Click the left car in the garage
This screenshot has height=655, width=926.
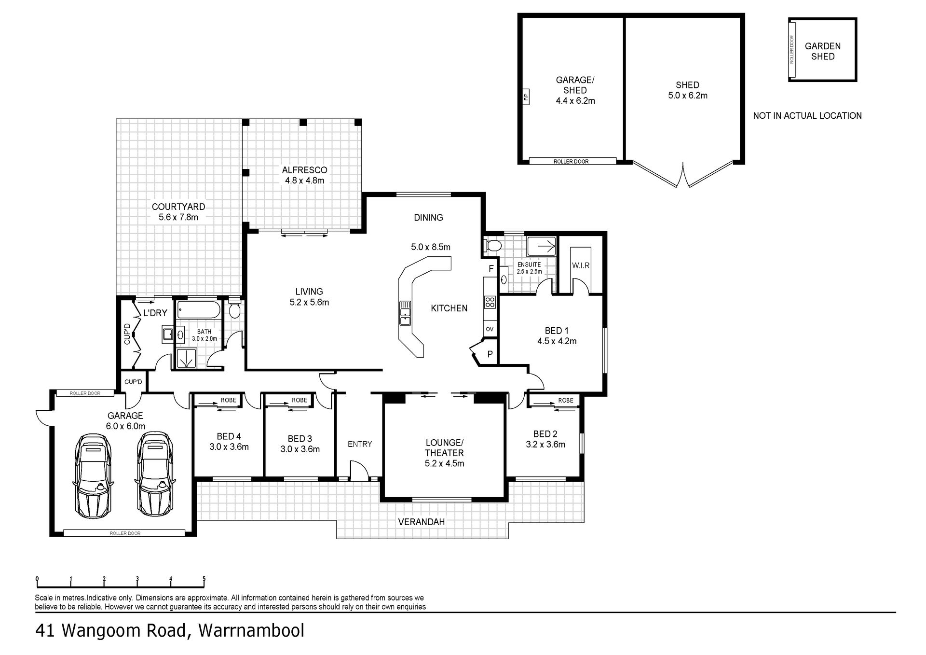(93, 475)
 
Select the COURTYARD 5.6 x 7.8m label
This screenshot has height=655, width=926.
(178, 212)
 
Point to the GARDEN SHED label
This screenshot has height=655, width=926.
(823, 51)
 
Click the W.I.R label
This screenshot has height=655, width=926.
(581, 265)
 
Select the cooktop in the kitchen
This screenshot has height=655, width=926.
(490, 302)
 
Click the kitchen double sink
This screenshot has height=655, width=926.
(405, 313)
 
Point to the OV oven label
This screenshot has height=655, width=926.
(490, 329)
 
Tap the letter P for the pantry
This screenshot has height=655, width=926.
(490, 354)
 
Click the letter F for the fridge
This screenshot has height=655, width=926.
(491, 269)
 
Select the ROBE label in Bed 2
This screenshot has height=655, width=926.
(566, 400)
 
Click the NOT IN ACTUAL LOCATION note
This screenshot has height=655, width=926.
(807, 116)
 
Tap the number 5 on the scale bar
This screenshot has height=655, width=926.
(204, 579)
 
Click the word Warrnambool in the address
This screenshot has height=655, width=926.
(251, 631)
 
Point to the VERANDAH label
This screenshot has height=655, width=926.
(422, 522)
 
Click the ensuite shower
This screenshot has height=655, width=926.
(542, 247)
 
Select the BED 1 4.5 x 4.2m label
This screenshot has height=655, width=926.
(557, 336)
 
